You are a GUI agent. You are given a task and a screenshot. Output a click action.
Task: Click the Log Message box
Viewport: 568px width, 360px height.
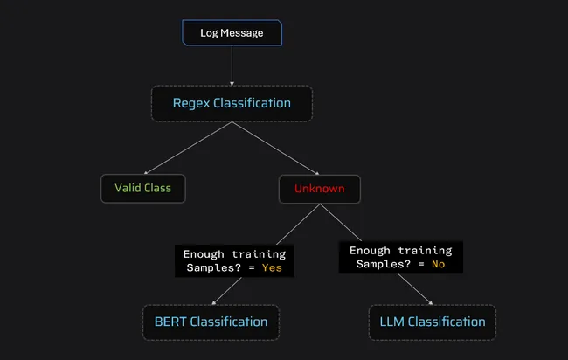[232, 33]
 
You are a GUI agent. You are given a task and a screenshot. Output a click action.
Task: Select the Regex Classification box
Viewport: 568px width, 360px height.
[232, 103]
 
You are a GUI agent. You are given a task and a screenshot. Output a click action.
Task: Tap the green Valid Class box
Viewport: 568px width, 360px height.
[143, 188]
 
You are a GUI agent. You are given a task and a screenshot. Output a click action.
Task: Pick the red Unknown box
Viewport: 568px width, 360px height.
[319, 188]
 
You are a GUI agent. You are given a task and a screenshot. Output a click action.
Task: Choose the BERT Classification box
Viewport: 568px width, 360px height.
[211, 322]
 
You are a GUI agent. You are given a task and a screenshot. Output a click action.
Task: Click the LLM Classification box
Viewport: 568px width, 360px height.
[432, 322]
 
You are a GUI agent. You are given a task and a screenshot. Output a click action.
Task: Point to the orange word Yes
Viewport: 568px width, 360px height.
[272, 268]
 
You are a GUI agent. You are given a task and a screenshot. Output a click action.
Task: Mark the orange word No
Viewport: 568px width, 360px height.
[437, 264]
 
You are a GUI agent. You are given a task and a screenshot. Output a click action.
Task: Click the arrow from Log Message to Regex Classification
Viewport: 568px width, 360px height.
[232, 66]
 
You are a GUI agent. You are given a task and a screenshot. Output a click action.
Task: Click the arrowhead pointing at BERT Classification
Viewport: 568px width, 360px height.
[213, 302]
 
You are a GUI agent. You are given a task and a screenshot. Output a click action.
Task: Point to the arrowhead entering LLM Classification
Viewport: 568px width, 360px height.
[429, 302]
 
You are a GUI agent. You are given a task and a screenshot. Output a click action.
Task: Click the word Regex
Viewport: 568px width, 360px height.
[192, 103]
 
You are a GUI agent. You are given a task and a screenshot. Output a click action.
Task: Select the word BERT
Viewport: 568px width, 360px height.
[171, 322]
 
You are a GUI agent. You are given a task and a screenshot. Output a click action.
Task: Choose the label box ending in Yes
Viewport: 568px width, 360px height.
[233, 260]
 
